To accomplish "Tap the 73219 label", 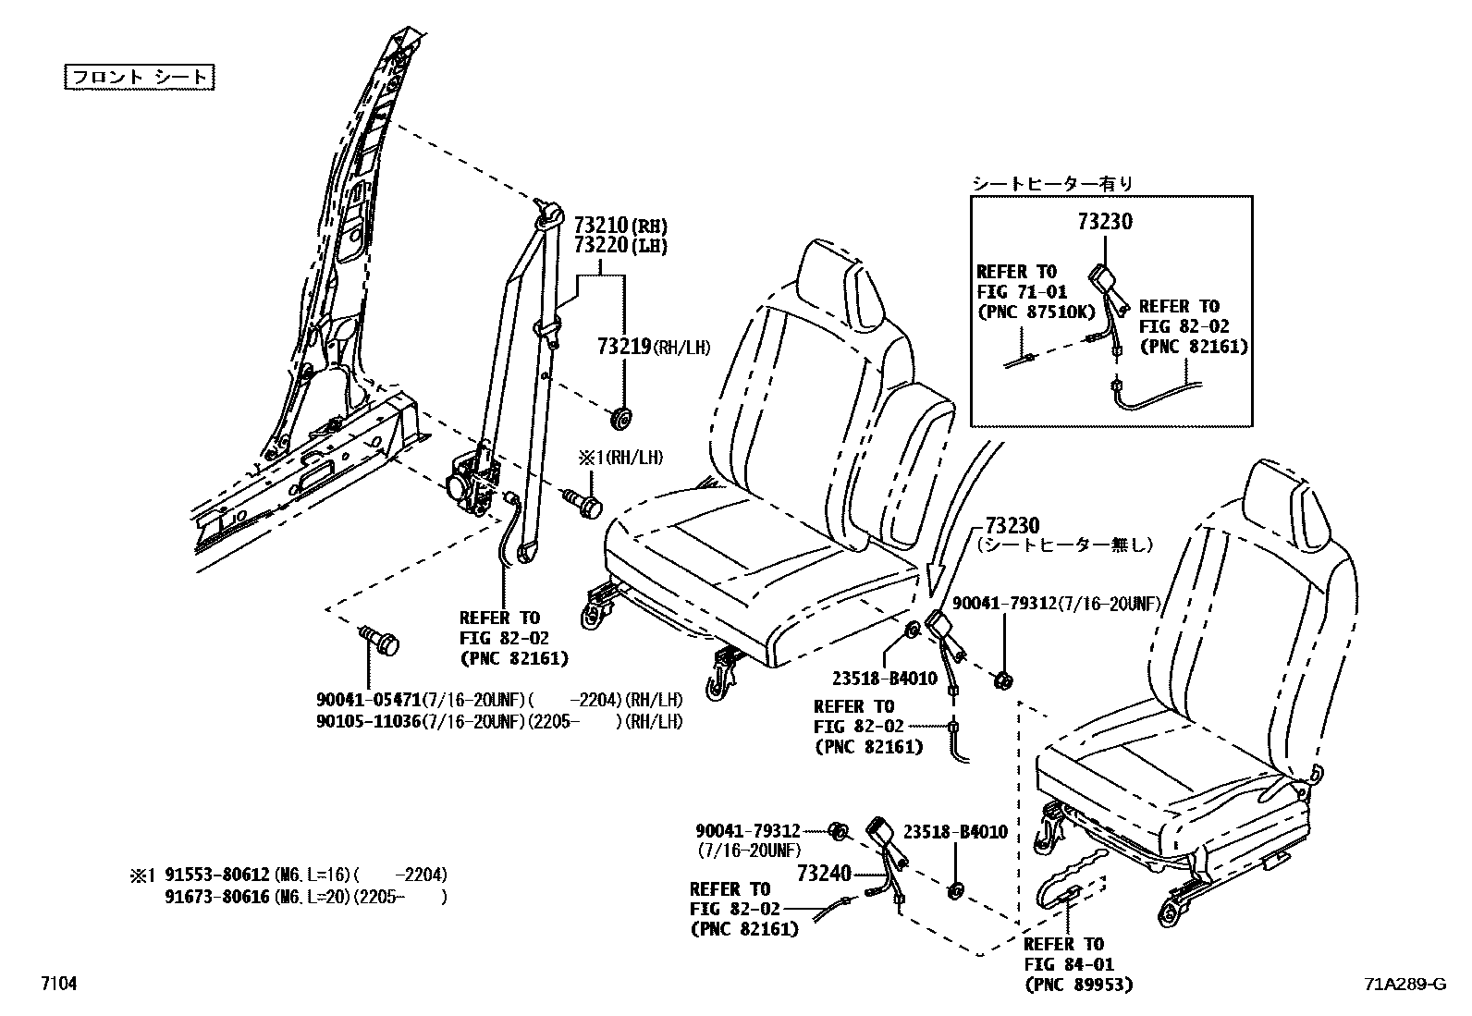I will (x=624, y=347).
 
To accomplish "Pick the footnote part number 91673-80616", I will (x=217, y=896).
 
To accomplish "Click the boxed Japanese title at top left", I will (x=140, y=77).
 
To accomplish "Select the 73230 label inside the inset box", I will (x=1104, y=222).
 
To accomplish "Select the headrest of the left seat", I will (x=840, y=278).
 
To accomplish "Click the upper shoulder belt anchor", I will (x=548, y=214).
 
